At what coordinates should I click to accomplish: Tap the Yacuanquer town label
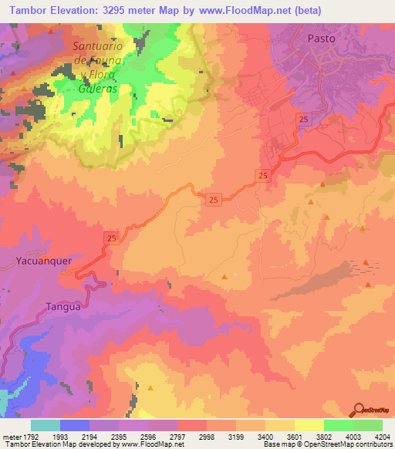point(44,261)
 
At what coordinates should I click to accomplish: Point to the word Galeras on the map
point(97,88)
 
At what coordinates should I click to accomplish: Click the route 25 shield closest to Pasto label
point(304,118)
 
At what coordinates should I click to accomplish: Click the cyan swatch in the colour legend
point(45,425)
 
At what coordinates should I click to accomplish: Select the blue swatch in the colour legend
point(74,425)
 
